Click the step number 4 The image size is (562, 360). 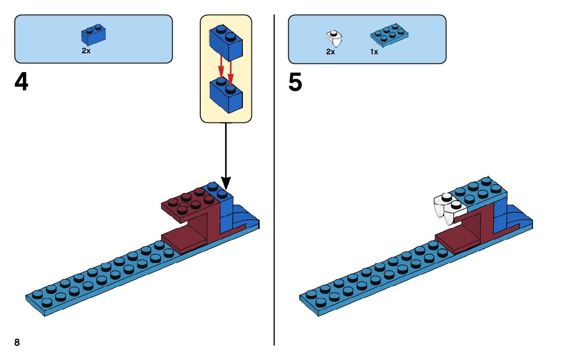[21, 83]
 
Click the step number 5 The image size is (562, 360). [295, 83]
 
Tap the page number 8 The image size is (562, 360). [17, 342]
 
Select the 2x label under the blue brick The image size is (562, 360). [86, 51]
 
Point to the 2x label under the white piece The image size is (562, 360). [330, 52]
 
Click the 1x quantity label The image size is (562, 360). [374, 52]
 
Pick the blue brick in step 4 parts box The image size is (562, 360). [93, 35]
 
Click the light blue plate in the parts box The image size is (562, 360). [390, 35]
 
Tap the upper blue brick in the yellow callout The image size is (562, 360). [227, 42]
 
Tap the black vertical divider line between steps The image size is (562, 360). [274, 203]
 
